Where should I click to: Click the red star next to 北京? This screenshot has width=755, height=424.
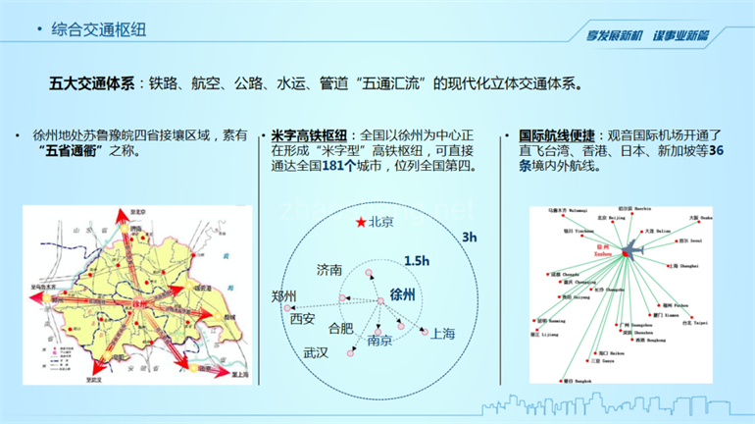(x=360, y=222)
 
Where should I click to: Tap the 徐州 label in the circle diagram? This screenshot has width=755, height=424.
(x=403, y=294)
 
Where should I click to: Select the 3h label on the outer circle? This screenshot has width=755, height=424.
(x=470, y=238)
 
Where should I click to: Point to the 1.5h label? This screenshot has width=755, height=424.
(x=416, y=260)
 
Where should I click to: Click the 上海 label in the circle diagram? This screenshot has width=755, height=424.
(x=442, y=334)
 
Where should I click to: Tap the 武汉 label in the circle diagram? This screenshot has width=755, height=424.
(x=316, y=351)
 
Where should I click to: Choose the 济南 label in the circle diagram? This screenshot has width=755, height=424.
(x=329, y=269)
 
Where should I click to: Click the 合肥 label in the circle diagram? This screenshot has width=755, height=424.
(x=340, y=328)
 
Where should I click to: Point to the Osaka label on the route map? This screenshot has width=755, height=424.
(x=695, y=218)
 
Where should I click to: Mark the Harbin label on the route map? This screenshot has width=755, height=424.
(x=639, y=209)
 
